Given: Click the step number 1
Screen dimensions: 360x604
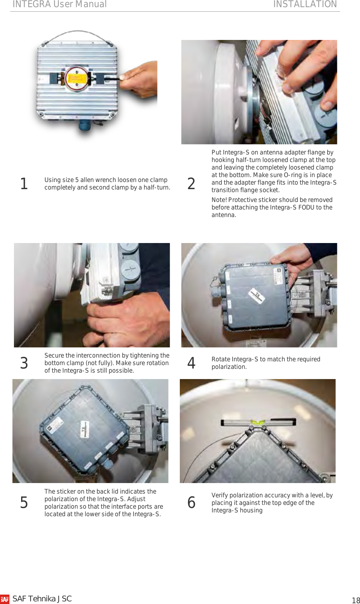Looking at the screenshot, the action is [x=24, y=184].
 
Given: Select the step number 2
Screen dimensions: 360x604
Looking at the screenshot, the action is [x=191, y=184].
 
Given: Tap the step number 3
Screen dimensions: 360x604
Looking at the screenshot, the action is [x=24, y=363].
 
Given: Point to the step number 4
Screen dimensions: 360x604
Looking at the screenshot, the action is [x=191, y=363].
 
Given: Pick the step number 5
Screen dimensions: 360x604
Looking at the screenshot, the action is [x=24, y=503].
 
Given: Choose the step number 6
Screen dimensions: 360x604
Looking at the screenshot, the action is [x=191, y=503].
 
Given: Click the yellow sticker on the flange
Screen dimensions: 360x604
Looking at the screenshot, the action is [x=77, y=78].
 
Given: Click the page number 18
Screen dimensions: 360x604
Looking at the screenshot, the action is [x=356, y=601].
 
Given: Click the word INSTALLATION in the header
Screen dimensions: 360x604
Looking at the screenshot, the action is [x=305, y=4].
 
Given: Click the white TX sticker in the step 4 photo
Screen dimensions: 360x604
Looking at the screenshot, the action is [x=256, y=295].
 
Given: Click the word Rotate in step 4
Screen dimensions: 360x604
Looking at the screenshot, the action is [x=221, y=359].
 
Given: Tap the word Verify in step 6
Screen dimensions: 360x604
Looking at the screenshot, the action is [x=220, y=495].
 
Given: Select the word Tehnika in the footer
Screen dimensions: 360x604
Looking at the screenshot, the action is [x=42, y=599].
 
